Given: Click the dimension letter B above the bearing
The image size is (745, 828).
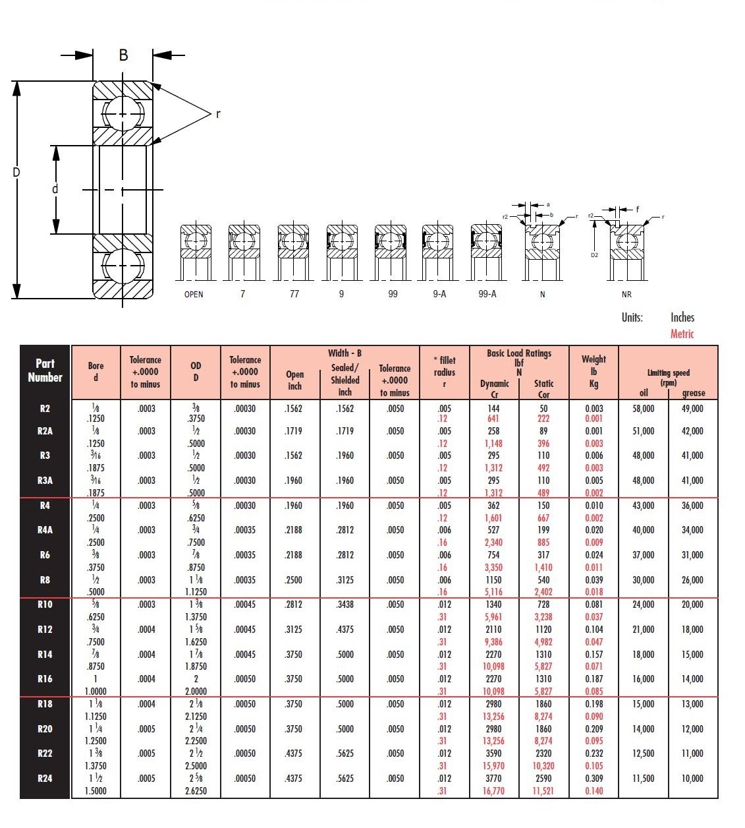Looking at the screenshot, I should (123, 55).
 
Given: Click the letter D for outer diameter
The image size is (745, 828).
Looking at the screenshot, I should (16, 173).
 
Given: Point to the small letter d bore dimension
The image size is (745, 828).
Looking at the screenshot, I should (55, 189).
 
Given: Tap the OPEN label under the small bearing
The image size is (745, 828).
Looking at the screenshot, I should (194, 295).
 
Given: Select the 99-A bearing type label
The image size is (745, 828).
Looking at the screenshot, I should (487, 295).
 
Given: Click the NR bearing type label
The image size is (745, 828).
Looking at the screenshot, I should (626, 295).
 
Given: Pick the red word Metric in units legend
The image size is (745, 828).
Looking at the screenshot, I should (682, 334).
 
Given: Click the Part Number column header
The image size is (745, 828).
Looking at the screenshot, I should (45, 370).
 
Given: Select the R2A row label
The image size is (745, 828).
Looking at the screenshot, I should (45, 431).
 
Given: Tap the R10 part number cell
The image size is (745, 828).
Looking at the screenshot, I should (45, 605).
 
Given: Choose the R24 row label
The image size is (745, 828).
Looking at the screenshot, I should (45, 779).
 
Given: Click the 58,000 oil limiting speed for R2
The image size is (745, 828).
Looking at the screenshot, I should (644, 409).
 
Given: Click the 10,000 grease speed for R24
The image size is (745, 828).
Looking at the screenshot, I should (692, 779).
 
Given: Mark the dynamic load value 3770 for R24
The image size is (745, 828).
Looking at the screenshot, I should (493, 779).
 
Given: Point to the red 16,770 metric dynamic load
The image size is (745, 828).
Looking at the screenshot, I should (493, 791).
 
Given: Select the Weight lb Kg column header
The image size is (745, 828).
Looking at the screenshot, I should (593, 371).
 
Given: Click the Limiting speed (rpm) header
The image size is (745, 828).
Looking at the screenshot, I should (668, 377).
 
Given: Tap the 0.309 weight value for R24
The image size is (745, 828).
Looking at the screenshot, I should (593, 779).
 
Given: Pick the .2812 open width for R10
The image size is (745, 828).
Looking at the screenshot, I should (294, 605).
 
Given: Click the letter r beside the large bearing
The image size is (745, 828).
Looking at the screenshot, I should (218, 113).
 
